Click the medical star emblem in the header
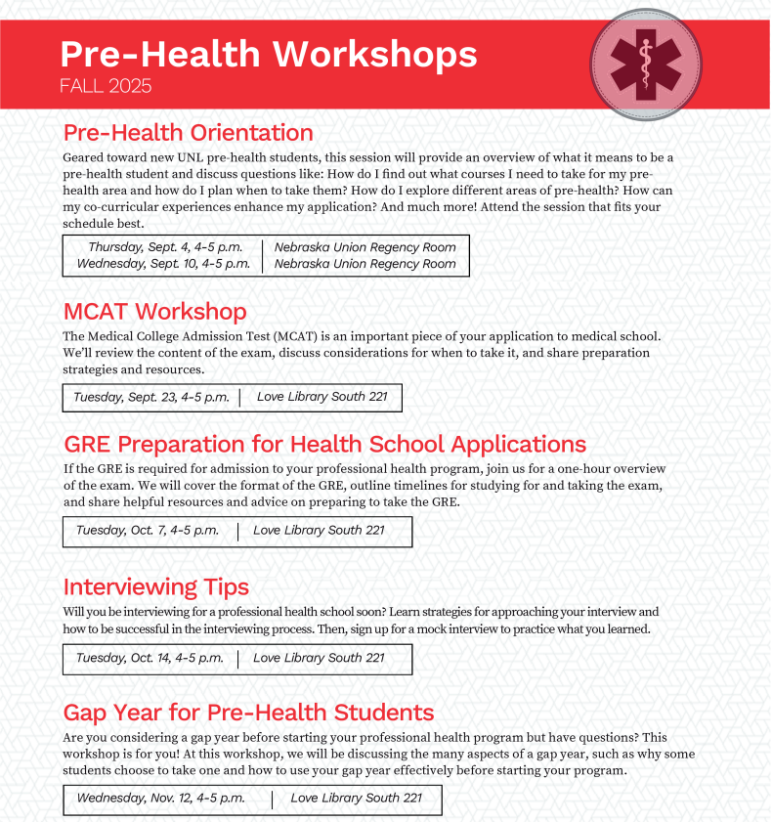pos(646,64)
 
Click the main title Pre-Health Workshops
pos(269,53)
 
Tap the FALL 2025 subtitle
pos(106,86)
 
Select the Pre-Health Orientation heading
pos(188,132)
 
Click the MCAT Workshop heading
pos(154,311)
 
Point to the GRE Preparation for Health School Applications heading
pos(324,444)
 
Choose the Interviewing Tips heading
pos(155,586)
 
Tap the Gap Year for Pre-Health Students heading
pos(248,712)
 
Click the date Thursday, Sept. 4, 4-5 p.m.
pos(165,247)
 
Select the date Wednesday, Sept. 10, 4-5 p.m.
pos(163,264)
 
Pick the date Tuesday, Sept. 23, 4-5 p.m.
pos(151,397)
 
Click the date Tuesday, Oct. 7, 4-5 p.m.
pos(148,531)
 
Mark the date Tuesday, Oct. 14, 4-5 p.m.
pos(150,658)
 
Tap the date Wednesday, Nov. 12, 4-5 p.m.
pos(161,799)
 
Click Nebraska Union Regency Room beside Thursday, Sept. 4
pos(365,247)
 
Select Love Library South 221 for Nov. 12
pos(356,799)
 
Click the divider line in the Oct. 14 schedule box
pos(238,659)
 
